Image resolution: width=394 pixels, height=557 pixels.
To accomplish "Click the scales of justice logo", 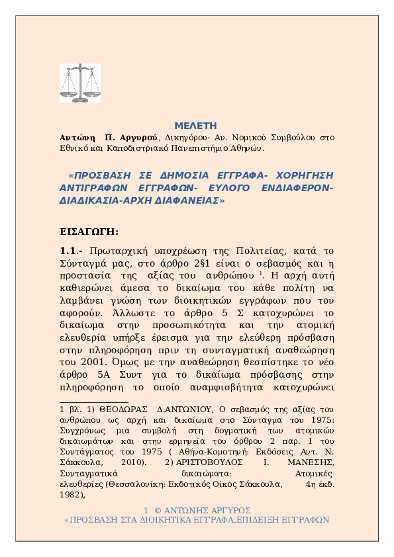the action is pos(79,83).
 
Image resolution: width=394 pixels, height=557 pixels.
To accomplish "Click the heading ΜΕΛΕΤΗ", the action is pos(195,126).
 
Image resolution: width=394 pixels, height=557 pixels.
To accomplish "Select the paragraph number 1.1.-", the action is pos(72,249).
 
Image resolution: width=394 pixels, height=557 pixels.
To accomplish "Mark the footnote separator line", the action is pos(93,401).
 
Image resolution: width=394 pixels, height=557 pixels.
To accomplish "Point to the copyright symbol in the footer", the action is pos(158,510).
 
